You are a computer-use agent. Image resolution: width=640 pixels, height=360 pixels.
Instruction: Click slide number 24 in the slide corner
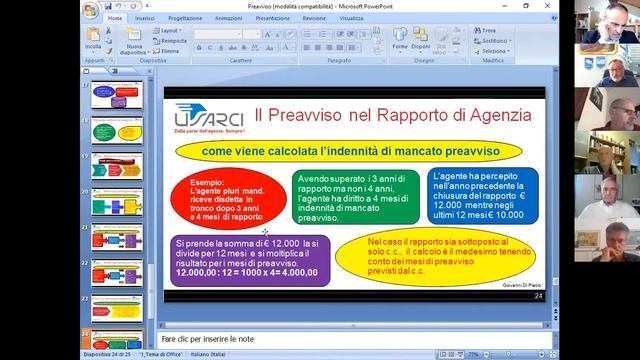tap(538, 296)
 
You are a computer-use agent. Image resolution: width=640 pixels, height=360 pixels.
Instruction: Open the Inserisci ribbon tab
tap(145, 18)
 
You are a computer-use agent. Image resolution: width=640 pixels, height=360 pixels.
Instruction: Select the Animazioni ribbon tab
tap(228, 18)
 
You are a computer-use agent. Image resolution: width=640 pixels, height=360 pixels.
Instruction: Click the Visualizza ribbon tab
tap(351, 18)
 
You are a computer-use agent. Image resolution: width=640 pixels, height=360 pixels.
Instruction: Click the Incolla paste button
tap(93, 43)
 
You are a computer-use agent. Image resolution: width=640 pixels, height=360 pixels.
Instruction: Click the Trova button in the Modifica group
tap(488, 31)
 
